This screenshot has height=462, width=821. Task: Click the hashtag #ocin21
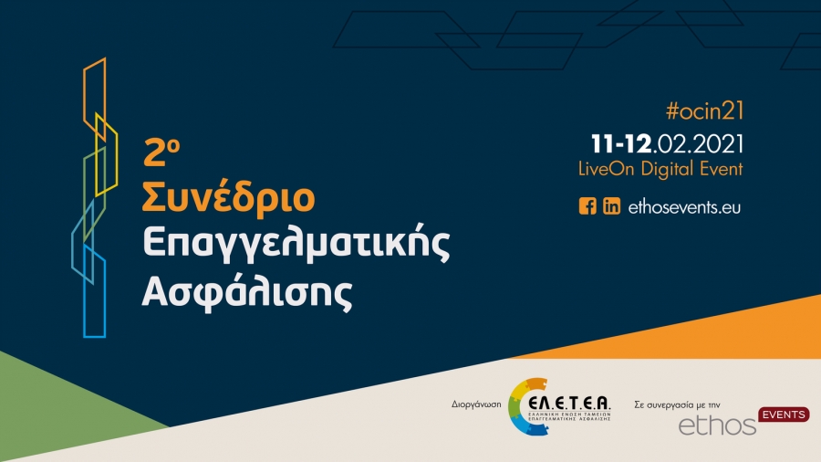coord(705,111)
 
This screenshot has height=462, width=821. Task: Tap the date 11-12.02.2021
coord(668,144)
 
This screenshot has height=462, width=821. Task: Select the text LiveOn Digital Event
coord(660,169)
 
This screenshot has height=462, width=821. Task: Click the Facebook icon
coord(587,206)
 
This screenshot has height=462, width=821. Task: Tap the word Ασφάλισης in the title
coord(246,291)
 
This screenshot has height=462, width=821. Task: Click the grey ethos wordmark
coord(718,425)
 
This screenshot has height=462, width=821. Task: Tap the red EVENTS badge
coord(784,415)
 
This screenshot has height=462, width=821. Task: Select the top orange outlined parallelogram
coord(94,91)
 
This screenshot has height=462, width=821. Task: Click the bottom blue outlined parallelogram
coord(94,292)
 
